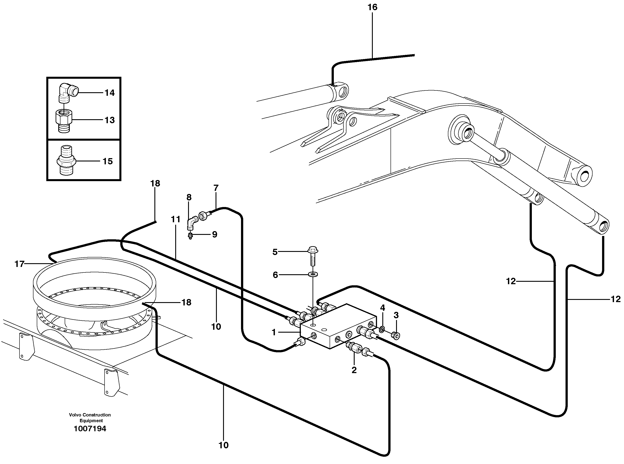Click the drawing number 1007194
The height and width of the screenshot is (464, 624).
[90, 429]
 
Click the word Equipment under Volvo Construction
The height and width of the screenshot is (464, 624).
[91, 421]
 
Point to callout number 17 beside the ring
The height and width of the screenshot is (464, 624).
[19, 264]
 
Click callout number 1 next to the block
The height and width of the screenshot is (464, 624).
[274, 332]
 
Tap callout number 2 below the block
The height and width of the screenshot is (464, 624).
[354, 370]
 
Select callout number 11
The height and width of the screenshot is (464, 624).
[176, 219]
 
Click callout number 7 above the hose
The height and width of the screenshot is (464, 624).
[216, 188]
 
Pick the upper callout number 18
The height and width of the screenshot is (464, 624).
[155, 183]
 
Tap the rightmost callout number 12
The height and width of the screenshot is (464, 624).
[615, 299]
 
